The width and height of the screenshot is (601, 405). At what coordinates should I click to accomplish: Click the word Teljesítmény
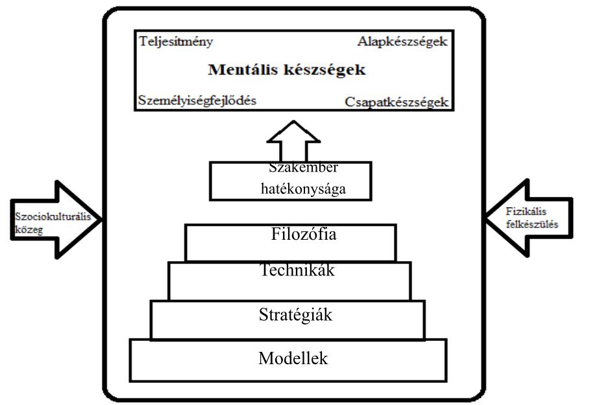click(x=176, y=41)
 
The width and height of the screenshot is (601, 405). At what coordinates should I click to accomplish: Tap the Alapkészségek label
click(x=402, y=41)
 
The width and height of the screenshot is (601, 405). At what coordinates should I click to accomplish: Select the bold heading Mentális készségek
click(x=287, y=70)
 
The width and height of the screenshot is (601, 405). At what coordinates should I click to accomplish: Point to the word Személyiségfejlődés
click(x=197, y=100)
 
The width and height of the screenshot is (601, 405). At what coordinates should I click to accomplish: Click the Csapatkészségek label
click(x=397, y=102)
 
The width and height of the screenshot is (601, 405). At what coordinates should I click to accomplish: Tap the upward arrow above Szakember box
click(x=293, y=141)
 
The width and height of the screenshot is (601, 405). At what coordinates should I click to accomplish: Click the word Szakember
click(x=303, y=168)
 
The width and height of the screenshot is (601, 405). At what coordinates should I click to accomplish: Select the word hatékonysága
click(x=303, y=189)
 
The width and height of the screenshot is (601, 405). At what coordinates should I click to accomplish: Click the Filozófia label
click(x=304, y=234)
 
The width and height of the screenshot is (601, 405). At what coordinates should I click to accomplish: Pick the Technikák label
click(x=297, y=270)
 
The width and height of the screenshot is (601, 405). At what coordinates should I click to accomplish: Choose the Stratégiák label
click(x=295, y=315)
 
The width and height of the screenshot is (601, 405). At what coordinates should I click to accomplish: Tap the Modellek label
click(x=293, y=359)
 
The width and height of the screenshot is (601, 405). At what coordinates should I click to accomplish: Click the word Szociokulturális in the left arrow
click(x=53, y=216)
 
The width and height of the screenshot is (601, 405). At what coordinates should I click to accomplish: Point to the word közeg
click(x=29, y=229)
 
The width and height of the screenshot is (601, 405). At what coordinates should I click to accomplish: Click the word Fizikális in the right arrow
click(x=526, y=211)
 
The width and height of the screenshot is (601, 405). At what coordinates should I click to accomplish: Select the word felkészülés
click(x=532, y=224)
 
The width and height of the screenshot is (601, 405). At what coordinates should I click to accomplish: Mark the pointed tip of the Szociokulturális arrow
click(x=101, y=219)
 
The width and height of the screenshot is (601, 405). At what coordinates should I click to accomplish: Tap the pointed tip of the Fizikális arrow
click(x=486, y=218)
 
